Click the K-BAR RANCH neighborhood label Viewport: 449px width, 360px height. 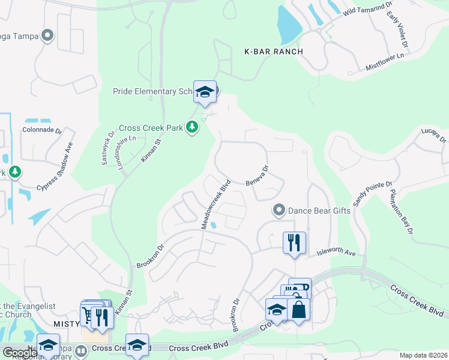273,52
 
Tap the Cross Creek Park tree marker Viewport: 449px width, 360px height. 192,127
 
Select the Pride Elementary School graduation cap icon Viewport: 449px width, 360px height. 205,91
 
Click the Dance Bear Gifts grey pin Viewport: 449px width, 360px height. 279,210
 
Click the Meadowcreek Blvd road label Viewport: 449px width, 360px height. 216,204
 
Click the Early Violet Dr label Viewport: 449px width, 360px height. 397,29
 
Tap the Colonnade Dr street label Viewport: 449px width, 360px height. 42,130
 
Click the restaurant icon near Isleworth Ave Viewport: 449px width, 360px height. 294,242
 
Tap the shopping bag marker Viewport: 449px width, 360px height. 298,310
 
